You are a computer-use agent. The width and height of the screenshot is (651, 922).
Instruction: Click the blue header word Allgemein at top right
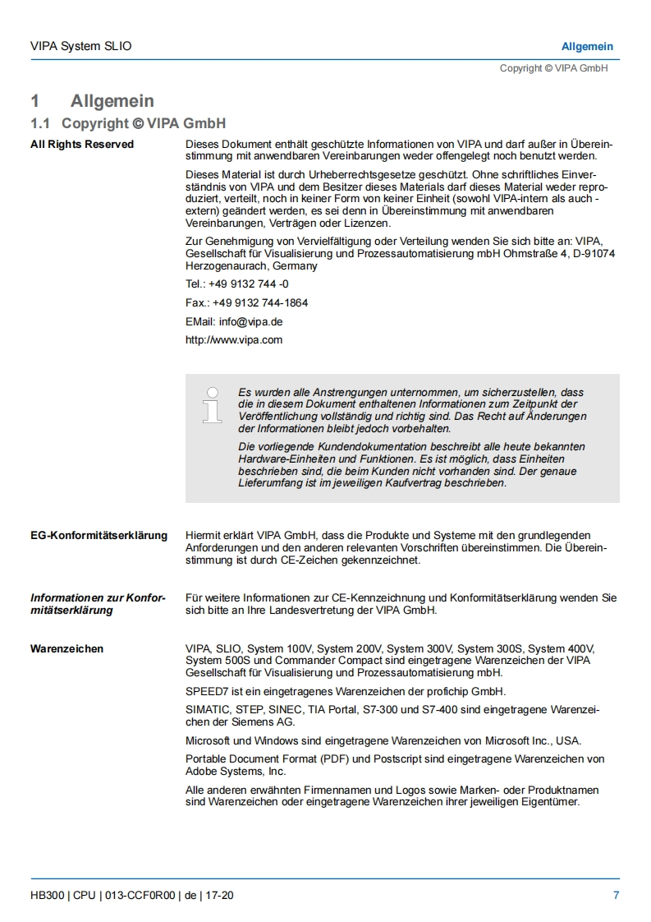587,47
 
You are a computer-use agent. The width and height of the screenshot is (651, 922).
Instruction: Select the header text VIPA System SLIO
80,47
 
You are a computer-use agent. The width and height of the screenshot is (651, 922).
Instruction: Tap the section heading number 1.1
40,123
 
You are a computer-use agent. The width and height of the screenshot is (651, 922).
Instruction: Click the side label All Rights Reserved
82,145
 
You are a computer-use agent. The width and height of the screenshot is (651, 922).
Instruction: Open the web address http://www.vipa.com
234,340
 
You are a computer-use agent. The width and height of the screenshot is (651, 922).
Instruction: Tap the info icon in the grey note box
213,405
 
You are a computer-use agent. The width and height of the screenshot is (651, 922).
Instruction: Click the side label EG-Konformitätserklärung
99,536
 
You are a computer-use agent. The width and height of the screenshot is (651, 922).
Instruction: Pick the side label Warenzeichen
67,649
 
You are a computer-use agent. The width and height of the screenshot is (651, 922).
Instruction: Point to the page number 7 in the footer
616,896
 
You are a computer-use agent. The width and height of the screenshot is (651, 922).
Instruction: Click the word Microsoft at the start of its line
209,740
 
